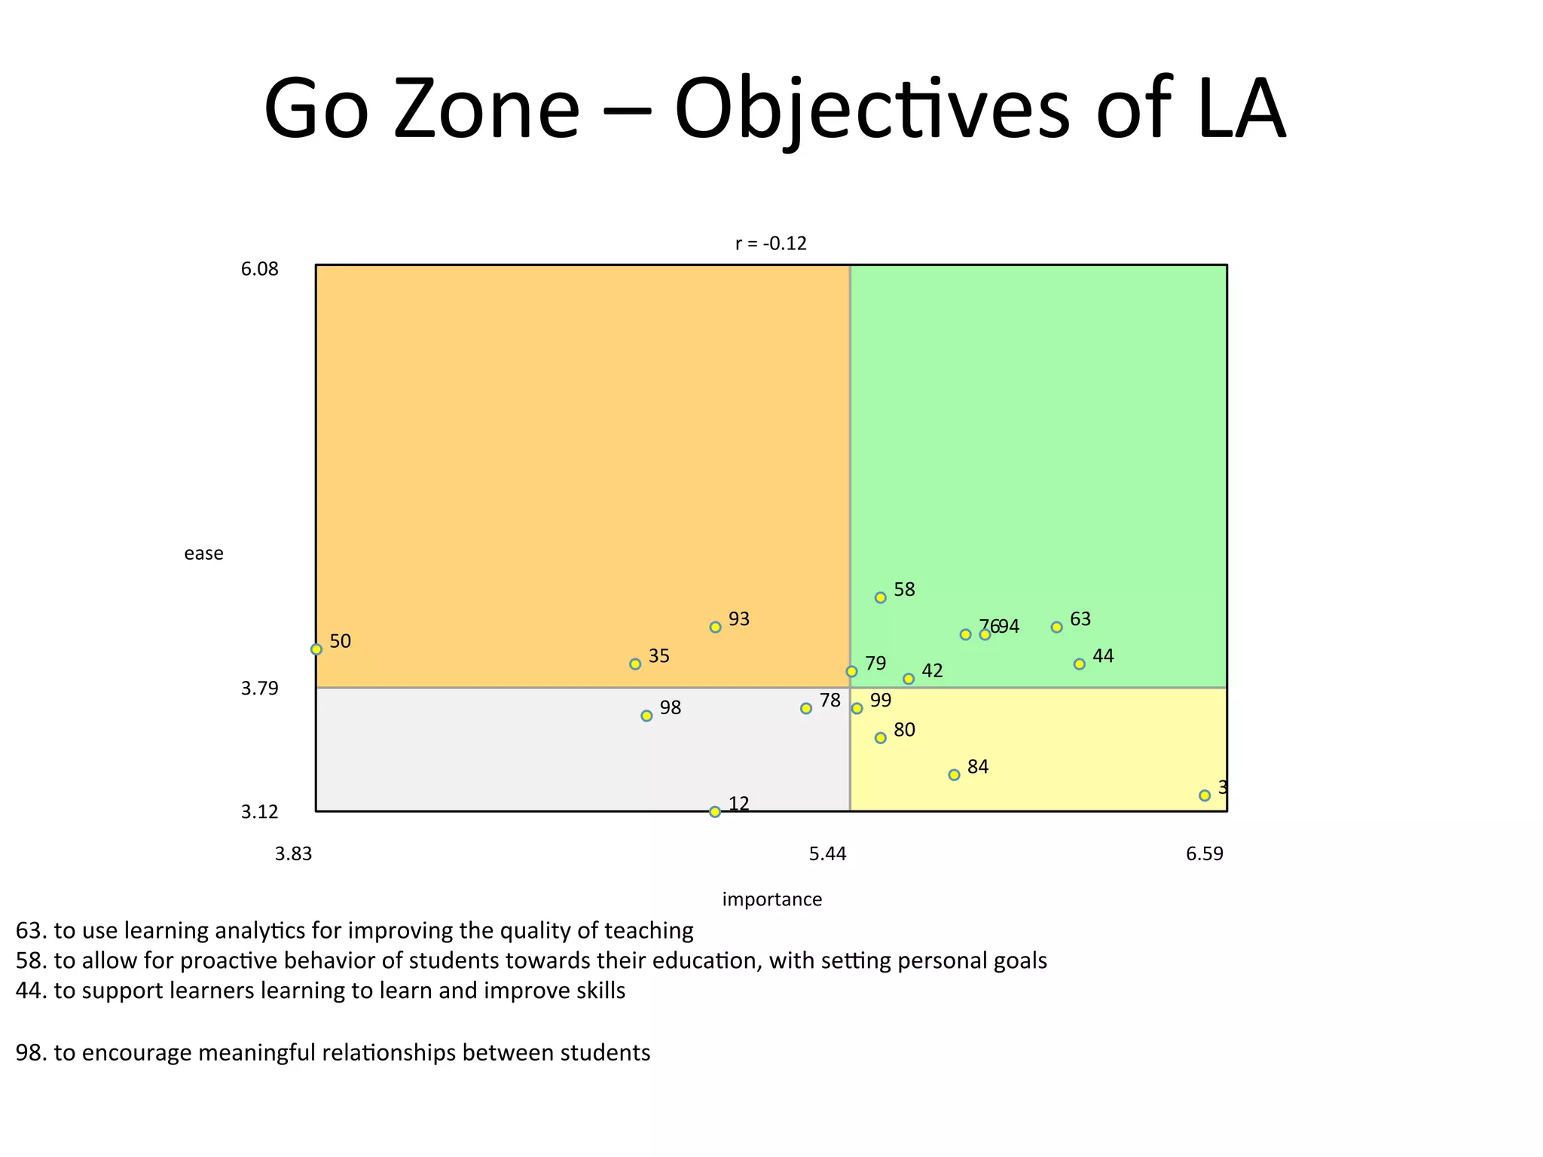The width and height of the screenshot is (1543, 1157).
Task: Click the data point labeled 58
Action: pyautogui.click(x=880, y=597)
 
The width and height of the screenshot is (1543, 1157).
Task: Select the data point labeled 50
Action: pyautogui.click(x=316, y=649)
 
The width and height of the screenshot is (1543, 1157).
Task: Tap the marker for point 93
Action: pyautogui.click(x=715, y=627)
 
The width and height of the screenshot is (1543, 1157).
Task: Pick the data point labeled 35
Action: pyautogui.click(x=635, y=664)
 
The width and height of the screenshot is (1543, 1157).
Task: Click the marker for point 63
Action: pyautogui.click(x=1056, y=627)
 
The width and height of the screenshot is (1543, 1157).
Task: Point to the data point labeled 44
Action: pyautogui.click(x=1079, y=664)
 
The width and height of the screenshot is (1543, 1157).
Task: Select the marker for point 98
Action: pyautogui.click(x=646, y=716)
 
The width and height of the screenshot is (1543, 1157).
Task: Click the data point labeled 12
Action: pyautogui.click(x=715, y=811)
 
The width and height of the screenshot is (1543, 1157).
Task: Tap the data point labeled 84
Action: pyautogui.click(x=954, y=774)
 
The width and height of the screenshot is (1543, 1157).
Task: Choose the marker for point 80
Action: pyautogui.click(x=880, y=737)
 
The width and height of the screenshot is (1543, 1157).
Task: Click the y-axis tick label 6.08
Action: pyautogui.click(x=259, y=269)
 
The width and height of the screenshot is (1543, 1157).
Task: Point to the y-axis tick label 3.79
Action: pyautogui.click(x=259, y=688)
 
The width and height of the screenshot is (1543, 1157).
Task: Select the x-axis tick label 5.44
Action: pyautogui.click(x=827, y=853)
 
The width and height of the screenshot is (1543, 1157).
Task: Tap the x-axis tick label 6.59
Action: pyautogui.click(x=1204, y=853)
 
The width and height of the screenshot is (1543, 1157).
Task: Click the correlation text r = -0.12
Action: pyautogui.click(x=771, y=243)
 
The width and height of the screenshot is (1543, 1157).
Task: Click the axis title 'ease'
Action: pyautogui.click(x=203, y=554)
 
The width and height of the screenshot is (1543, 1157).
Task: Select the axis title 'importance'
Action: pyautogui.click(x=771, y=899)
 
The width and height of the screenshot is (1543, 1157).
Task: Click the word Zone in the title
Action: pyautogui.click(x=486, y=109)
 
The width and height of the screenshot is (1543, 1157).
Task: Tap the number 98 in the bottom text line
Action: pyautogui.click(x=31, y=1052)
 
